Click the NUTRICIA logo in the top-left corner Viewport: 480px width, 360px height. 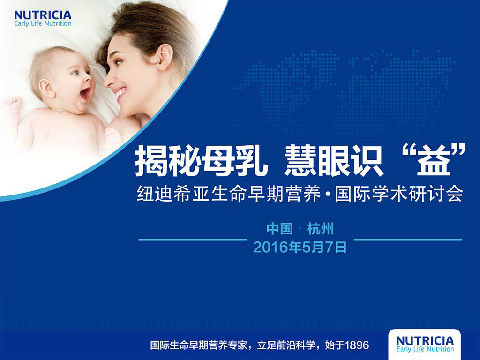[43, 19]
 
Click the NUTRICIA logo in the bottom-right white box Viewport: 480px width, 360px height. [425, 344]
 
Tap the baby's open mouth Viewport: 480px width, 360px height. [85, 93]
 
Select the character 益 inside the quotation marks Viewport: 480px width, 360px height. [434, 161]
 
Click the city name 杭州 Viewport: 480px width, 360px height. [321, 229]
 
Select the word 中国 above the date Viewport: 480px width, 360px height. [279, 229]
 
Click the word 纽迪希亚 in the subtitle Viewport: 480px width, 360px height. [173, 194]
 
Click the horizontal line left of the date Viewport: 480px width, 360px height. [193, 240]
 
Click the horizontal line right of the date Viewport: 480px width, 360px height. [408, 240]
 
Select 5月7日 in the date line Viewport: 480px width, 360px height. [324, 247]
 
